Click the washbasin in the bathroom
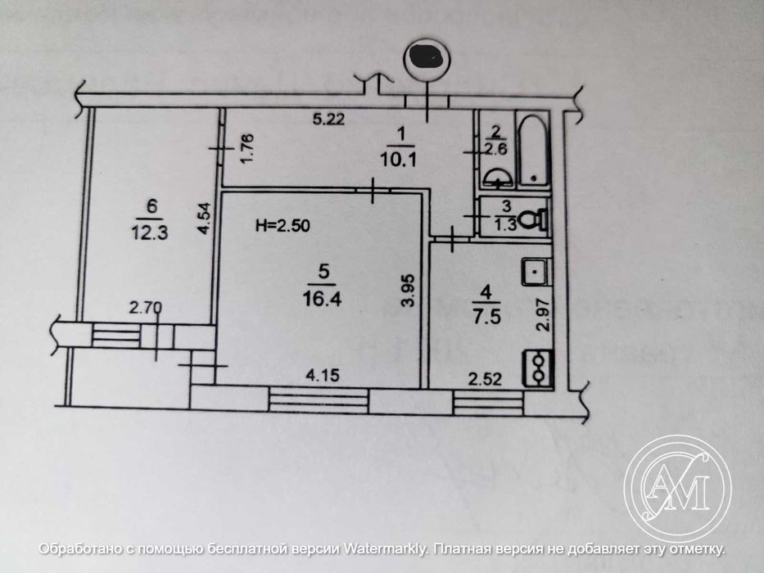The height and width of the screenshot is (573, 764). click(496, 176)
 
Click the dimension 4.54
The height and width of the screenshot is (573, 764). click(208, 219)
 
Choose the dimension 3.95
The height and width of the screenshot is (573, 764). click(414, 290)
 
